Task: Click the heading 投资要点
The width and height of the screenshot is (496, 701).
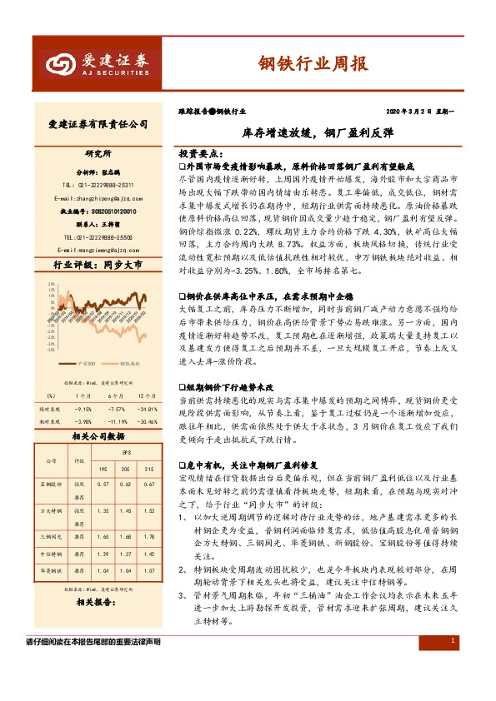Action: tap(200, 155)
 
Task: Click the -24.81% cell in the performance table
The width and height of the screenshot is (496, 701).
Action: tap(148, 409)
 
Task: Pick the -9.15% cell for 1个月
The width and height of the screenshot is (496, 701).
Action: tap(83, 409)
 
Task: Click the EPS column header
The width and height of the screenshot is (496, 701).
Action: tap(125, 452)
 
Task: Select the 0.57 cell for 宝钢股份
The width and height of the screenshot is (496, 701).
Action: tap(103, 484)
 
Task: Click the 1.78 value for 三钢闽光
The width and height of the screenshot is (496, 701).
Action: tap(148, 537)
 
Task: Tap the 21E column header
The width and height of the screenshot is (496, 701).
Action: tap(148, 468)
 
